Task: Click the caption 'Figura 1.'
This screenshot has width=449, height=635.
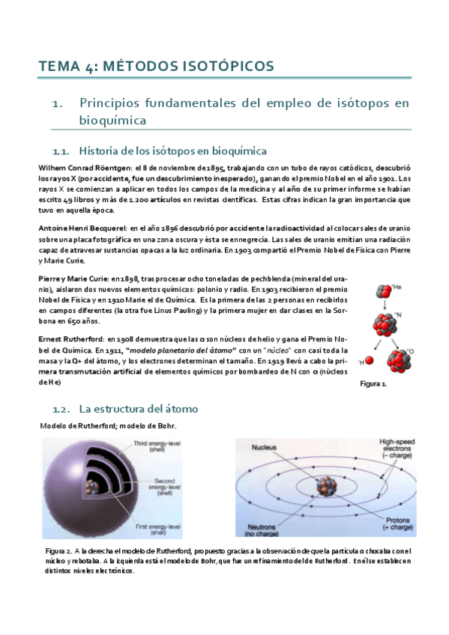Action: [x=373, y=383]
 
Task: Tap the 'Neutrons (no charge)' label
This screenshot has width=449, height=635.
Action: [x=263, y=529]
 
